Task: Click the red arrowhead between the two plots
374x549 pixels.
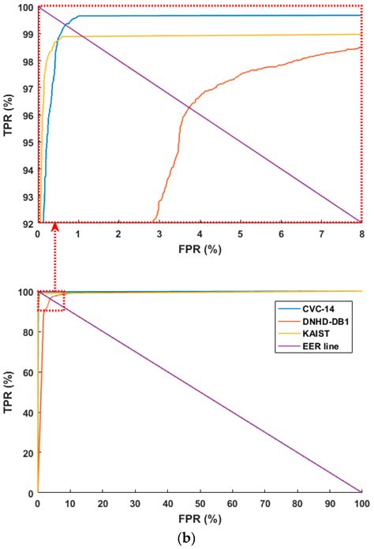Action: [x=54, y=228]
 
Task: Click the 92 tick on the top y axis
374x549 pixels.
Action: [x=28, y=222]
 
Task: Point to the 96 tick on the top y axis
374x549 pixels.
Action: [x=28, y=115]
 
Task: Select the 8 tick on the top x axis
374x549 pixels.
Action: [x=361, y=235]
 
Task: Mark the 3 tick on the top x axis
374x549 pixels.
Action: [x=159, y=235]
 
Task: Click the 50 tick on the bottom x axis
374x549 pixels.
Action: [x=200, y=503]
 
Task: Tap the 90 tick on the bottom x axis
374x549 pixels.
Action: [x=329, y=503]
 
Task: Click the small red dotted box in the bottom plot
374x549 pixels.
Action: [x=51, y=301]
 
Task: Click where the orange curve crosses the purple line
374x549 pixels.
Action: [x=188, y=106]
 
